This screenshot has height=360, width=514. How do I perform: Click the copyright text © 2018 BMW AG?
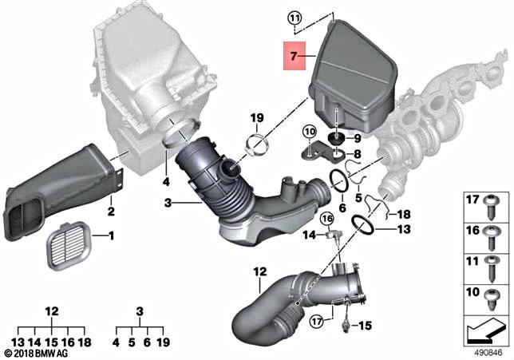[x=38, y=351]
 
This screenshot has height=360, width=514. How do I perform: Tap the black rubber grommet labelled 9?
[x=338, y=136]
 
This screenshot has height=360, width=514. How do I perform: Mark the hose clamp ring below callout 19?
[x=256, y=146]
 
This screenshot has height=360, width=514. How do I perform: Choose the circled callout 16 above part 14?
[x=326, y=218]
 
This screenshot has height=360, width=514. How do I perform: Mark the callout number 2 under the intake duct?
[x=111, y=212]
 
